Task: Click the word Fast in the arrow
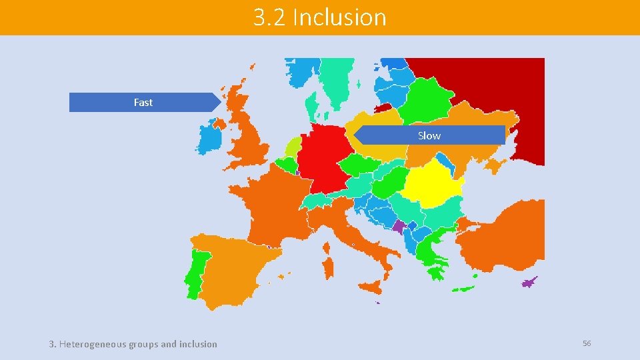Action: (143, 102)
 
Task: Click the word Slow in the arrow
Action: (429, 135)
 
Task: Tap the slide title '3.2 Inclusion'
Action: (319, 17)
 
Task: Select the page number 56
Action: (587, 343)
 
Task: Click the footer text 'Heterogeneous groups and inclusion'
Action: (137, 344)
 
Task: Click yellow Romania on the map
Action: (432, 187)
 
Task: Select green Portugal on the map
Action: (197, 273)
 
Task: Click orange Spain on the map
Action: (233, 267)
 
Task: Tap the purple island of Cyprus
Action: (530, 282)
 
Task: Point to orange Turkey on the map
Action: (507, 233)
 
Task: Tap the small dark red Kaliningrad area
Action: (383, 106)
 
